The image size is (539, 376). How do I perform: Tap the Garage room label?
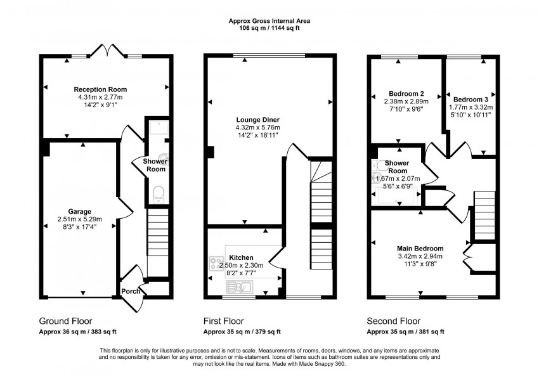click(x=80, y=211)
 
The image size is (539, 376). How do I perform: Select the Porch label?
click(x=130, y=292)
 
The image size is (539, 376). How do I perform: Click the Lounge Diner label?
click(x=257, y=120)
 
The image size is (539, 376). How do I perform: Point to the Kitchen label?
click(x=241, y=257)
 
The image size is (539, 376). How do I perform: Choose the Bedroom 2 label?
click(x=406, y=93)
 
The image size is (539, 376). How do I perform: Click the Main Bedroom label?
click(x=420, y=248)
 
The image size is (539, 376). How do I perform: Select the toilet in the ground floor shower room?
click(x=158, y=192)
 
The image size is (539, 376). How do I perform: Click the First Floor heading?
click(x=223, y=321)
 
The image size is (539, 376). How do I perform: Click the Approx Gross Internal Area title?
click(x=269, y=20)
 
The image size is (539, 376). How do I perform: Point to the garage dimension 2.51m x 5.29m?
click(x=80, y=219)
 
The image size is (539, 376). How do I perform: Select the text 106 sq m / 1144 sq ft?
click(x=269, y=27)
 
